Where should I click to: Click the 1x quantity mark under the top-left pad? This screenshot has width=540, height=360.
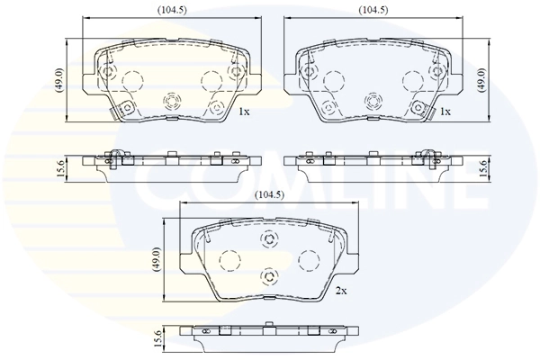243,111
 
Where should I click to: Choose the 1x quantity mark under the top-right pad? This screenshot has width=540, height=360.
445,111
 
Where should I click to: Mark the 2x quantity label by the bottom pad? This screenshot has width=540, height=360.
340,292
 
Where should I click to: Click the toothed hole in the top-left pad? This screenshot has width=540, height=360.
171,100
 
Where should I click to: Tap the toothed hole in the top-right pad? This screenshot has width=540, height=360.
373,100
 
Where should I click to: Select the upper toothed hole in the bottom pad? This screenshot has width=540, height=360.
267,238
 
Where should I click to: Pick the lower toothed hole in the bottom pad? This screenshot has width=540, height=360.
267,275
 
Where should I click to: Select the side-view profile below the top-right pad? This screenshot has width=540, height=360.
373,162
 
